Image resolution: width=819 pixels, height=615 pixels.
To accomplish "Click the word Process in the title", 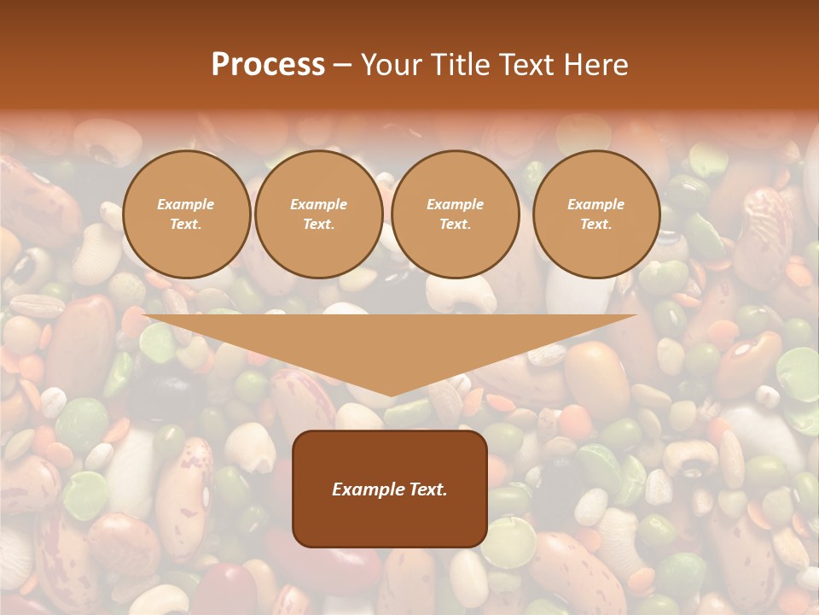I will (268, 65).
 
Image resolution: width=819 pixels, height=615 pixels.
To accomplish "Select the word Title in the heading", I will (456, 65).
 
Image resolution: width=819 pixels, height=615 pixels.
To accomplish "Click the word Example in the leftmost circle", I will (186, 204).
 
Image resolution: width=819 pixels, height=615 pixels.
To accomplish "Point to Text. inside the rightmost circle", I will (595, 224).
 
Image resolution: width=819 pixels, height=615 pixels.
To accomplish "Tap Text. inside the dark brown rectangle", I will (429, 489).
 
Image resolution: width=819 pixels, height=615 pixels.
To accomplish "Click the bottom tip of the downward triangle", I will (390, 395).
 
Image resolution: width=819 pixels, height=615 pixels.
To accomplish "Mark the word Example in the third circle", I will (455, 204).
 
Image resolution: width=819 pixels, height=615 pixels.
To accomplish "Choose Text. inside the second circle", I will (318, 224).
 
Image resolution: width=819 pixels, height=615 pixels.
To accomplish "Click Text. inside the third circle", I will (455, 224).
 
